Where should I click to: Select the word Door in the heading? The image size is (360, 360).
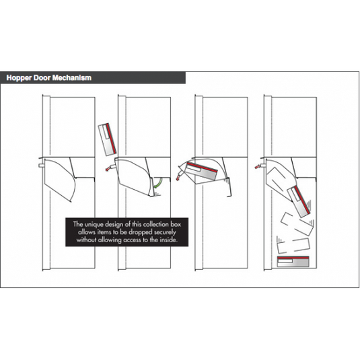(44, 78)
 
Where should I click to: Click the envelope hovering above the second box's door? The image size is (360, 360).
(107, 139)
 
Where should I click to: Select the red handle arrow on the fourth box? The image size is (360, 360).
(258, 164)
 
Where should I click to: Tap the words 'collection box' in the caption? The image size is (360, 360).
(155, 223)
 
